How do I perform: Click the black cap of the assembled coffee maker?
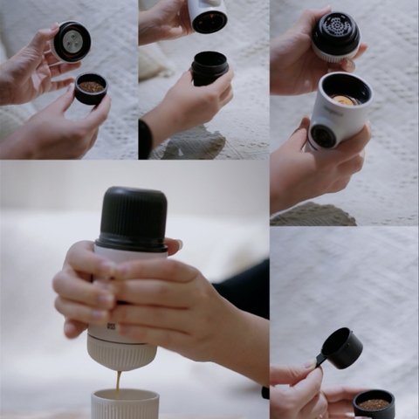(x=132, y=218)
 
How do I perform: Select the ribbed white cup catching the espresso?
(x=125, y=404)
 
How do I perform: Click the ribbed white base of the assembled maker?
(x=122, y=353)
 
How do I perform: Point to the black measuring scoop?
(x=343, y=347)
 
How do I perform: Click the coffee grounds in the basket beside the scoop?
(x=374, y=403)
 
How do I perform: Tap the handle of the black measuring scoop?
(x=322, y=358)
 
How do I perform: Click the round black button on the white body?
(x=324, y=135)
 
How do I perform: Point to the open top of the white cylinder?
(x=346, y=90)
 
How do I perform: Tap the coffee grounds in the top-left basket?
(x=90, y=86)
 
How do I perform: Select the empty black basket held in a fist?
(x=209, y=67)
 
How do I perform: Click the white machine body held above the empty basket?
(x=208, y=15)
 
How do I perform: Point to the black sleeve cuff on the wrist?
(x=145, y=140)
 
